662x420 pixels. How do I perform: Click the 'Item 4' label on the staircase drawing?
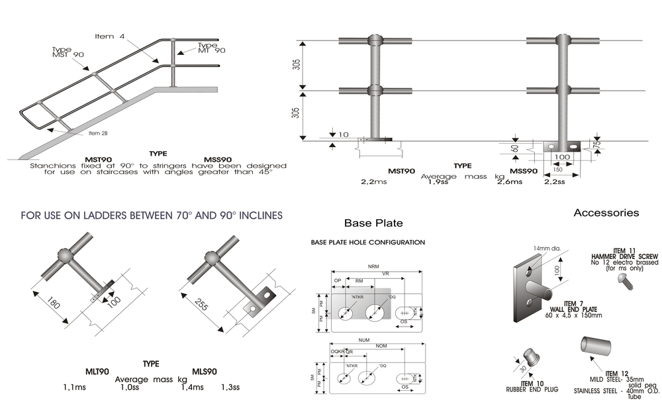[110, 36]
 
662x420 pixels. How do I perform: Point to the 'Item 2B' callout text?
[98, 133]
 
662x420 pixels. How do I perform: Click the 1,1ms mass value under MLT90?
[76, 387]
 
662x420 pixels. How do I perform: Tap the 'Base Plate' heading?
[373, 223]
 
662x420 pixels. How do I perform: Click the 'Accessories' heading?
[606, 213]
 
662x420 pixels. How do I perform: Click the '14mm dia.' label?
[547, 248]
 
